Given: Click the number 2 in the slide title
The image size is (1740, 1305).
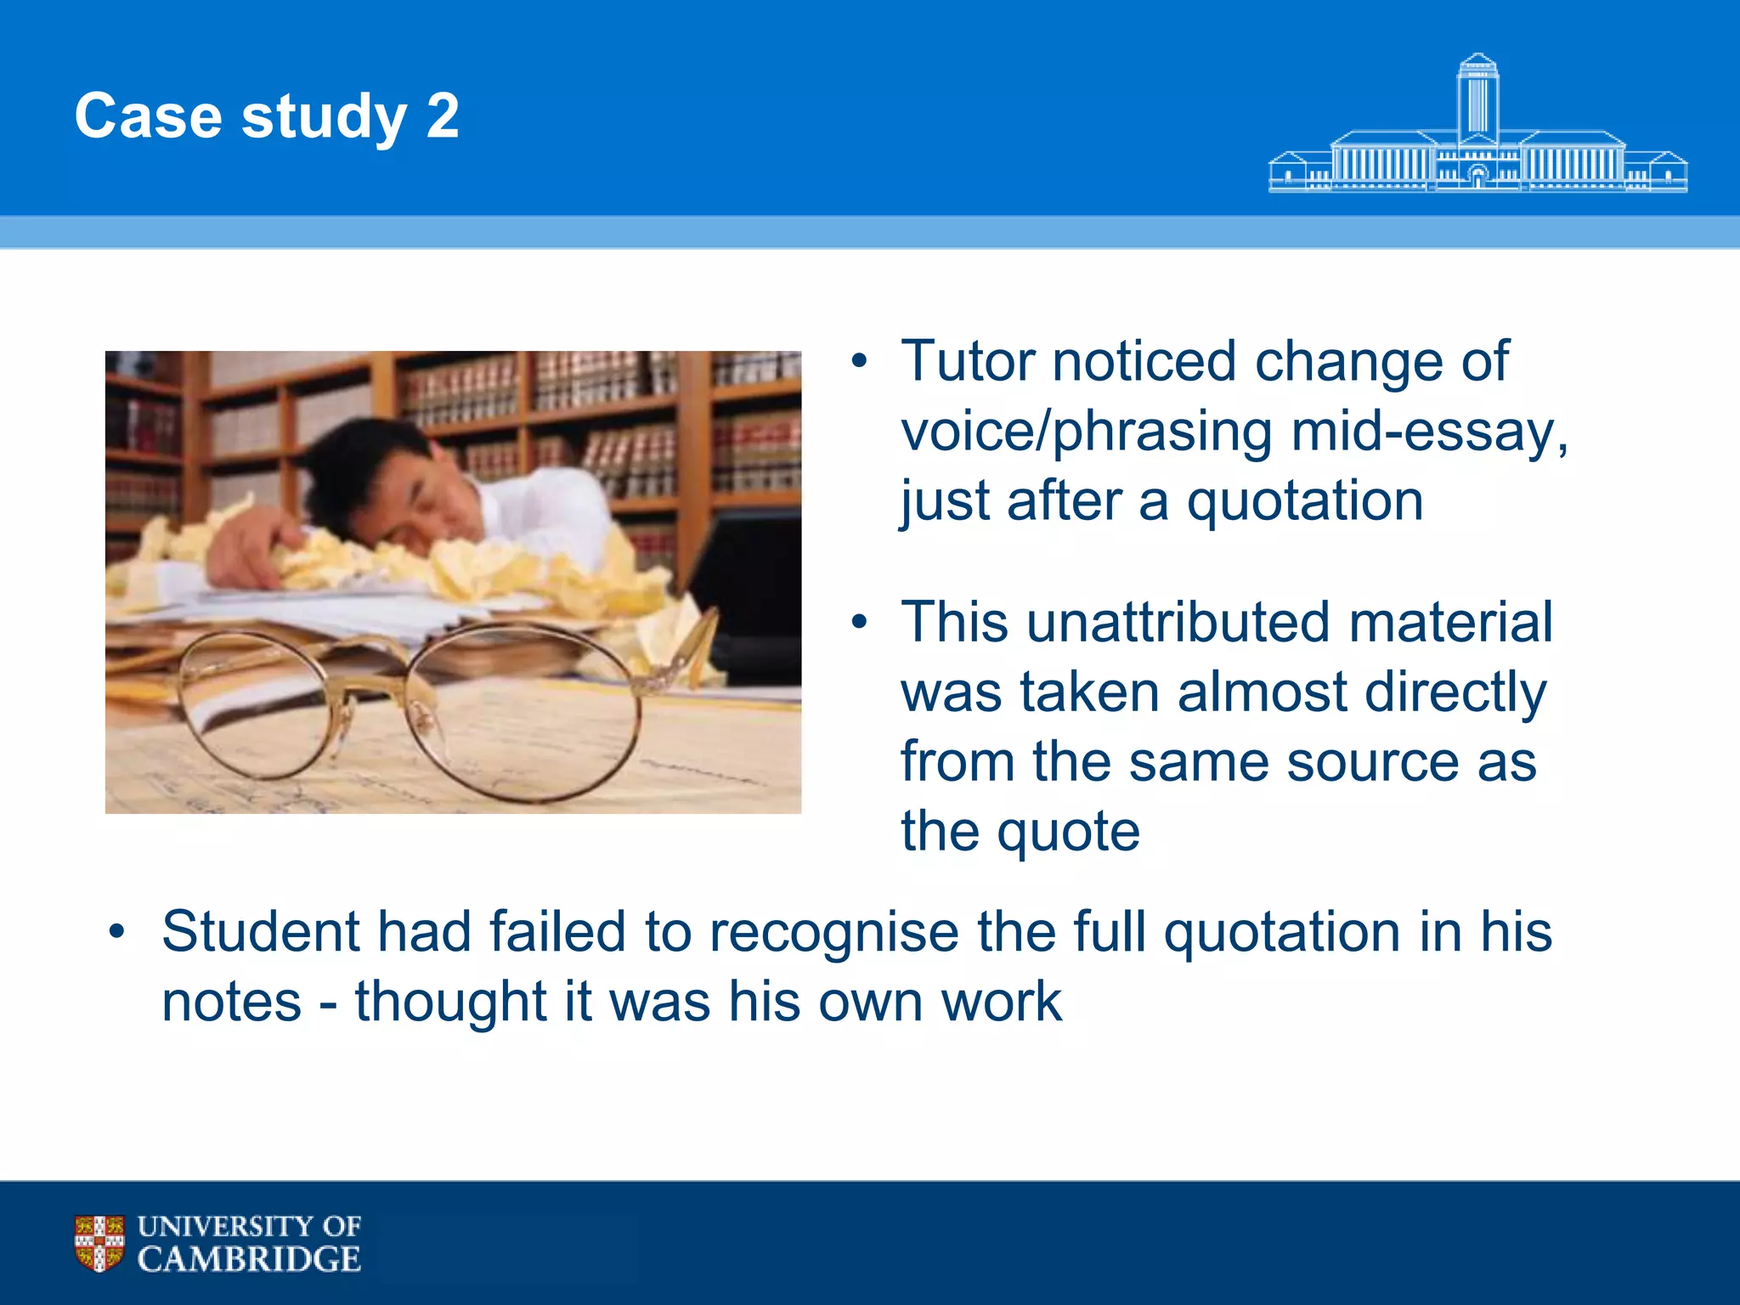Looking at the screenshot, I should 443,116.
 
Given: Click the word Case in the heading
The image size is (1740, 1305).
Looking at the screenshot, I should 148,116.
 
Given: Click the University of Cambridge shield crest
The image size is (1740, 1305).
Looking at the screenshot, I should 99,1242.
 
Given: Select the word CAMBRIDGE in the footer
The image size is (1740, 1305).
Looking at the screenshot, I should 249,1259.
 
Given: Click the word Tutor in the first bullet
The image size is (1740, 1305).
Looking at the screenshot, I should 967,362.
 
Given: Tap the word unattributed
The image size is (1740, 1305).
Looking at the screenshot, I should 1178,622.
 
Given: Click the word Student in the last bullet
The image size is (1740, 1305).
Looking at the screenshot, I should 261,932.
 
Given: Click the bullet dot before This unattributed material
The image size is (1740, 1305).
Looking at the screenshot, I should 859,623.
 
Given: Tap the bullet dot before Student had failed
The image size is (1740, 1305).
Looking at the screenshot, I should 117,932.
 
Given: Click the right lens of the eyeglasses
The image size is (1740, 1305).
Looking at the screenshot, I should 523,714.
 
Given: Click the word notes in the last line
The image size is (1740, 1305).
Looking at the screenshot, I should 231,1002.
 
